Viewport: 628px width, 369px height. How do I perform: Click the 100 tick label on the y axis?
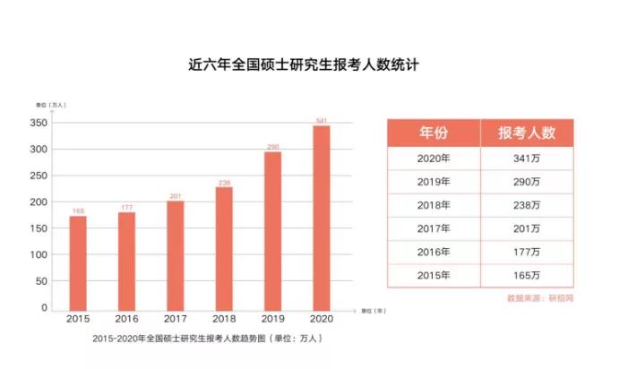(x=37, y=255)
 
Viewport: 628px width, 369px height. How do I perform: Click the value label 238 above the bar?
(x=224, y=183)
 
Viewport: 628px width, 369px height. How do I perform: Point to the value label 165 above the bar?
(x=78, y=211)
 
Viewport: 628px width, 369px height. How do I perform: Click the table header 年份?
(x=434, y=133)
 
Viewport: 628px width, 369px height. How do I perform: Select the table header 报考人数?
(x=527, y=133)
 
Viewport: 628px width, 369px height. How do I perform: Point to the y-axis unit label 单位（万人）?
(x=50, y=105)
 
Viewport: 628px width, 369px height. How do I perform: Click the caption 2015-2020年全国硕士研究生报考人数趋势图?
(x=206, y=339)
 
